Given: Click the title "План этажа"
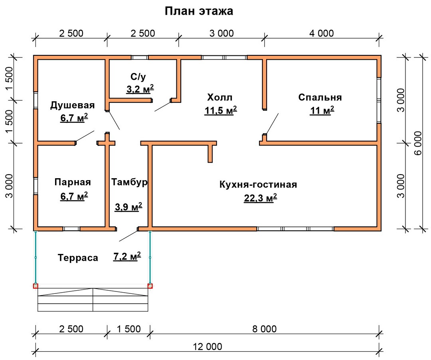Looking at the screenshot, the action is (x=199, y=11).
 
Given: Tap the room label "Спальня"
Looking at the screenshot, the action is (x=320, y=97).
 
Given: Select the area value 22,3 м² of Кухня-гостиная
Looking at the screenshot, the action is (x=260, y=198).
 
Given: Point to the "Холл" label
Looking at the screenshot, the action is (x=219, y=97).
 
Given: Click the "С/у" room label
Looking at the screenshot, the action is (x=138, y=77).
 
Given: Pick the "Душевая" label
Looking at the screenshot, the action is (x=72, y=105).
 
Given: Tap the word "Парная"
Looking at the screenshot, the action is (x=73, y=182).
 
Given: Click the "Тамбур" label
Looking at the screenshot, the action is (x=129, y=182).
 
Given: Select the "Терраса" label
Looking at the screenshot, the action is (x=78, y=258).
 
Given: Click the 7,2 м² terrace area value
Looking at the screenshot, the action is (x=127, y=256).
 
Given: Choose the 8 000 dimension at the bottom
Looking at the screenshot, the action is (x=265, y=329).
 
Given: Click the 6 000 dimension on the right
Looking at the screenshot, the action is (x=418, y=143).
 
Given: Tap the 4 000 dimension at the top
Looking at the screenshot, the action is (x=321, y=33).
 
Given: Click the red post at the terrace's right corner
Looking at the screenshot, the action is (x=150, y=286).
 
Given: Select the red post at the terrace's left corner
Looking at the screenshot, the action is (x=36, y=286).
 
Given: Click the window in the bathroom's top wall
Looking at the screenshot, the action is (x=139, y=57).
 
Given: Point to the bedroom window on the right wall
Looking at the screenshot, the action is (x=379, y=100).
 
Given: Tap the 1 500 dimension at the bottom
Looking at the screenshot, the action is (x=129, y=329).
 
